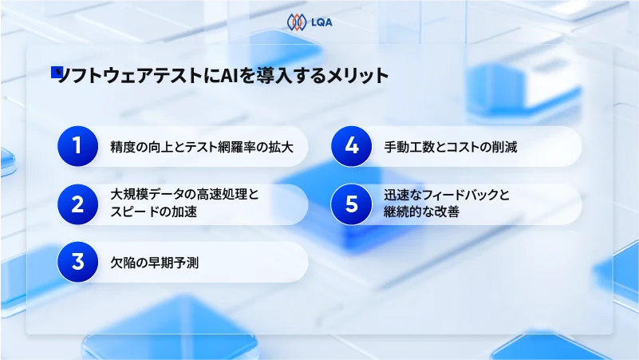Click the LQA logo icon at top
(297, 22)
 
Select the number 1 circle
(77, 146)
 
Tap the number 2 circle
(77, 204)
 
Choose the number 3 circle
(77, 261)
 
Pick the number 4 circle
(351, 146)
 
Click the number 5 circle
(351, 204)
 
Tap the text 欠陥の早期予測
(154, 262)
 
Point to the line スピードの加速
(154, 212)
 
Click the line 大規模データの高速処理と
(185, 196)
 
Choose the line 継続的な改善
(421, 212)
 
